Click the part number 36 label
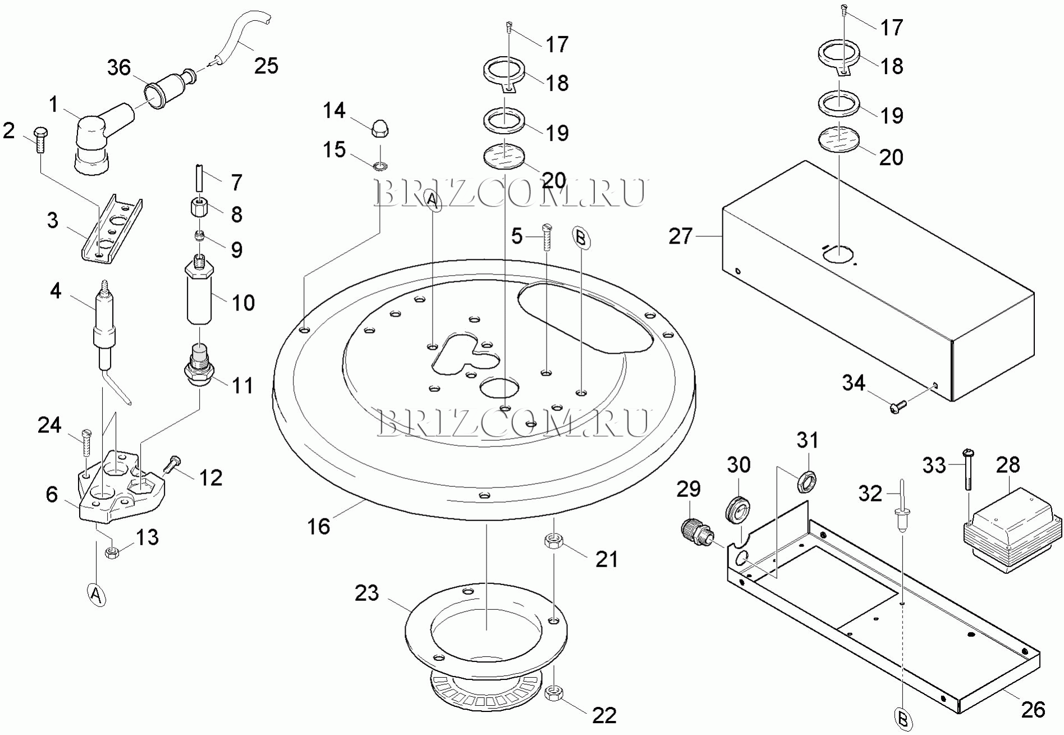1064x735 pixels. [x=119, y=68]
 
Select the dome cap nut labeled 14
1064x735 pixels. [x=381, y=128]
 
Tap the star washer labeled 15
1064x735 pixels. [x=380, y=166]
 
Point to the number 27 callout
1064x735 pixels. [x=680, y=236]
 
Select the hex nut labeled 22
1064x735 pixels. [x=554, y=693]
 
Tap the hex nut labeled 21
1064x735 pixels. [x=553, y=541]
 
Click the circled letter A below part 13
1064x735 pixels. [x=97, y=595]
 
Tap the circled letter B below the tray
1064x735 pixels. [x=903, y=719]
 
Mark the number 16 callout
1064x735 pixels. [x=318, y=526]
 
